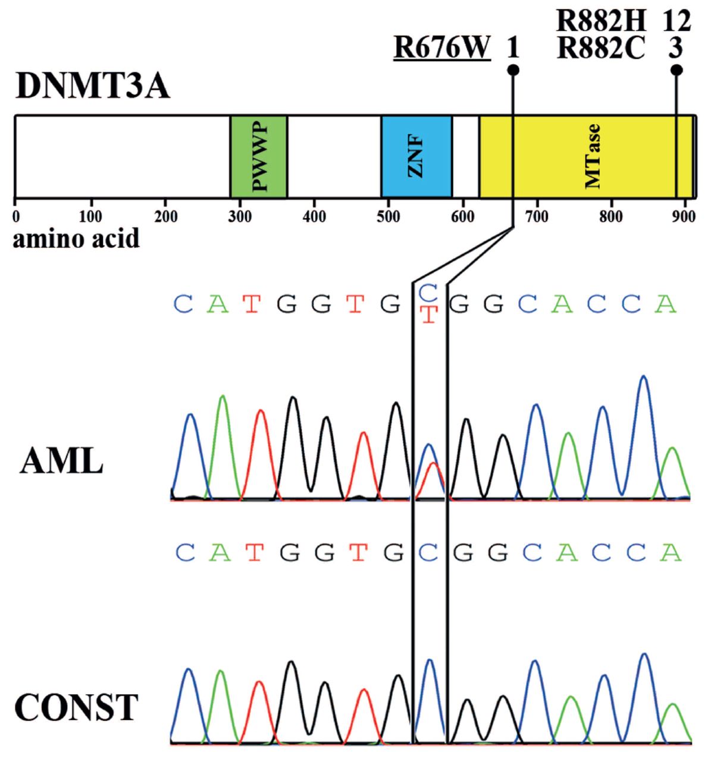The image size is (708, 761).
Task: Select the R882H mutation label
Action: coord(600,21)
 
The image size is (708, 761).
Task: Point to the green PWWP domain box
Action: coord(259,156)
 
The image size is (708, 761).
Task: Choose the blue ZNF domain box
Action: coord(416,156)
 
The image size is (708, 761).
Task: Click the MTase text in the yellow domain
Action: coord(593,156)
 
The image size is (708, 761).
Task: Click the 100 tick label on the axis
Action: coord(91,216)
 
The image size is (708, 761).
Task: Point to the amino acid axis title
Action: coord(76,238)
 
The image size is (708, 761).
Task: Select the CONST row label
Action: coord(76,708)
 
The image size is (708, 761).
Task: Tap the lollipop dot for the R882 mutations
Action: coord(676,70)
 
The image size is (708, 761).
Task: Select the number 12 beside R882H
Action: coord(676,21)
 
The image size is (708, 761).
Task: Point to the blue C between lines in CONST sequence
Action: coord(428,554)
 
